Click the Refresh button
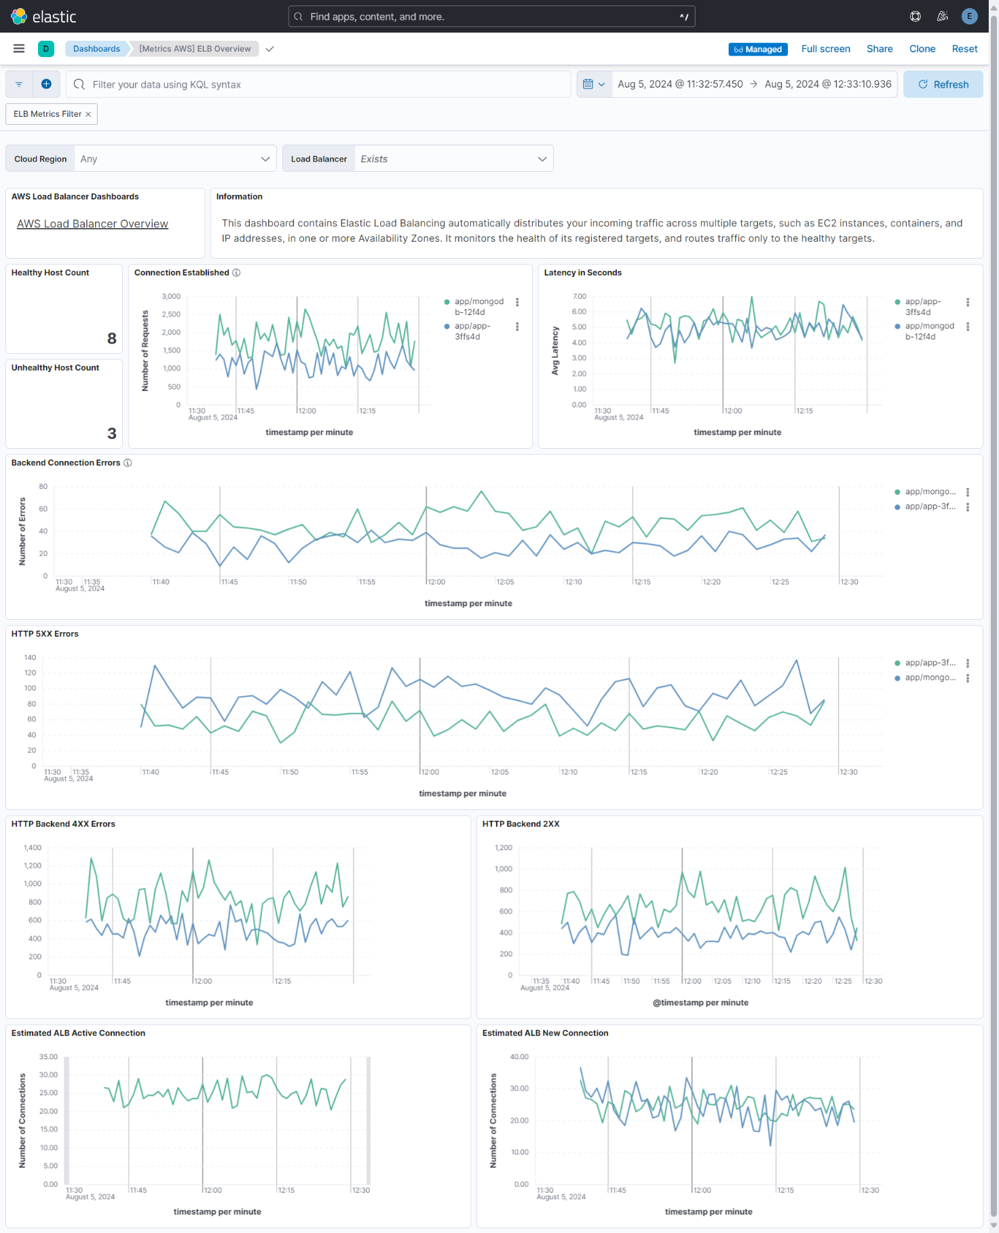click(x=943, y=84)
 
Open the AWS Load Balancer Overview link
click(x=92, y=224)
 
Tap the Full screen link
click(x=825, y=49)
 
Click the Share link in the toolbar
click(x=880, y=49)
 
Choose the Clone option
click(x=922, y=49)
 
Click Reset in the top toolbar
click(x=964, y=49)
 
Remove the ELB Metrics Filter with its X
click(x=88, y=114)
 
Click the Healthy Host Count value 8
click(x=112, y=338)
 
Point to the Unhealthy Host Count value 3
click(x=112, y=433)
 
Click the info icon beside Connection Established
click(x=236, y=273)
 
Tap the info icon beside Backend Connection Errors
click(x=128, y=463)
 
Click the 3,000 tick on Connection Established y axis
click(x=171, y=297)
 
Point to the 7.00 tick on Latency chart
click(x=579, y=297)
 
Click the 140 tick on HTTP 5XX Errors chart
click(x=30, y=658)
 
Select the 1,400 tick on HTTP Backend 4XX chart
click(x=33, y=848)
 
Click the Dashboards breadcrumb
click(x=96, y=49)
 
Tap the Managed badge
click(x=758, y=50)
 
